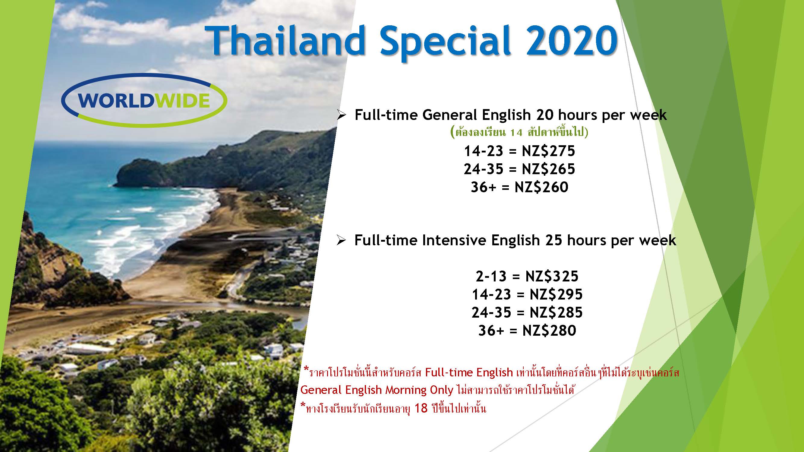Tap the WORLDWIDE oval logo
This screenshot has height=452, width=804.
pos(144,100)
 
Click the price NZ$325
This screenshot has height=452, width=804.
pos(552,276)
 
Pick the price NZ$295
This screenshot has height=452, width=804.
pos(556,294)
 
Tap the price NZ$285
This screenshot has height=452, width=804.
pos(556,312)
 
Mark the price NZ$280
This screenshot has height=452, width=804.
pos(549,330)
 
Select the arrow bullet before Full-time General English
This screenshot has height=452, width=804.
pos(342,116)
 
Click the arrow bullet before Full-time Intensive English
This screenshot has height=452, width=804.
pos(342,241)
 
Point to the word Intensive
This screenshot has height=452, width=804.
pos(454,240)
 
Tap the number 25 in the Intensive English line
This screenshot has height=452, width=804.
pos(554,240)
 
